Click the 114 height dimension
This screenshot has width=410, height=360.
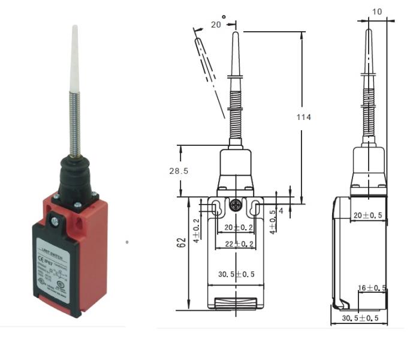[x=304, y=118]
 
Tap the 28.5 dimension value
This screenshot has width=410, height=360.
[x=178, y=171]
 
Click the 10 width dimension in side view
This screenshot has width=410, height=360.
[x=376, y=11]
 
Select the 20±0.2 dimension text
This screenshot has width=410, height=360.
[x=236, y=227]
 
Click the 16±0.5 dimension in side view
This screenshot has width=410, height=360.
[x=372, y=287]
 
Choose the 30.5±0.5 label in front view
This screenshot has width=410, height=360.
[x=236, y=274]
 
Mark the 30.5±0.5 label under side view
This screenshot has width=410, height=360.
[x=360, y=318]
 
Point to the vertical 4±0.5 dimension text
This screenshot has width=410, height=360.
[x=273, y=221]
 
